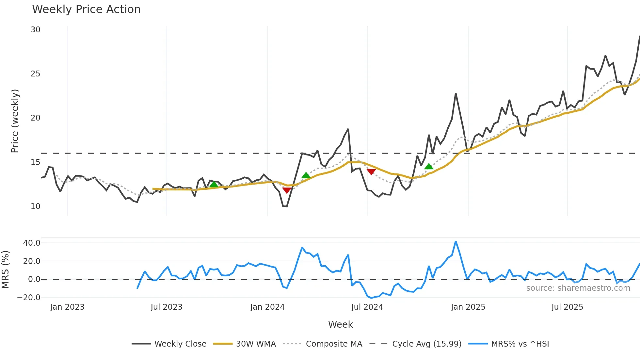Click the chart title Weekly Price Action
(x=86, y=9)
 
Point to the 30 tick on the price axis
(x=36, y=30)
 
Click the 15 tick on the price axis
(x=36, y=162)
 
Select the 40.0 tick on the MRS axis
(x=32, y=243)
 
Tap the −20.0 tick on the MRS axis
(x=29, y=298)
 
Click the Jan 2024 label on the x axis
(x=267, y=307)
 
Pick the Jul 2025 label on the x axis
(x=567, y=307)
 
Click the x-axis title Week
(x=340, y=324)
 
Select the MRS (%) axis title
(x=6, y=270)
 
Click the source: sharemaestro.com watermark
(x=578, y=288)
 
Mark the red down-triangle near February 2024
(x=287, y=190)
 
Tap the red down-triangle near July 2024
(x=371, y=172)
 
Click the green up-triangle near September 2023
(x=214, y=184)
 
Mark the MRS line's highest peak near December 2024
(x=456, y=242)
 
